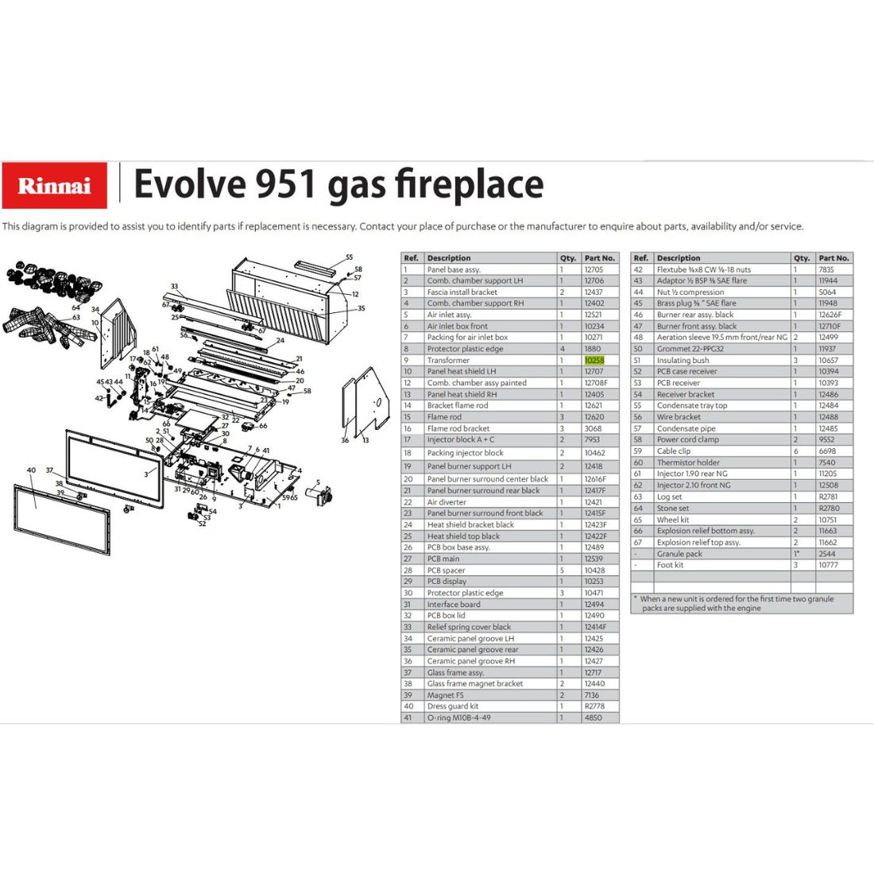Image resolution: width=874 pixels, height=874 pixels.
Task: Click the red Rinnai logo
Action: click(x=55, y=185)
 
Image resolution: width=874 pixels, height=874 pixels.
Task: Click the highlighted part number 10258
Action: click(x=594, y=360)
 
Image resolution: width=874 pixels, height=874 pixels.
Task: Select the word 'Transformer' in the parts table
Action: click(x=448, y=360)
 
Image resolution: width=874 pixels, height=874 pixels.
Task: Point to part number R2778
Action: click(x=594, y=706)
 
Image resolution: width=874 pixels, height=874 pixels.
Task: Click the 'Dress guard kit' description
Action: click(x=453, y=706)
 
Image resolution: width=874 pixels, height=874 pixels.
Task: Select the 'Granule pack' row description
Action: click(x=679, y=554)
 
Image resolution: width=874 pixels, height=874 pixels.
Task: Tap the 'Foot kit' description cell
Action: click(x=670, y=565)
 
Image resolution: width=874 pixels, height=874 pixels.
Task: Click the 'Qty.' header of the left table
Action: click(x=568, y=258)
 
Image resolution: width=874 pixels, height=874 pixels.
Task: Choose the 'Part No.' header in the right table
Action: click(x=833, y=258)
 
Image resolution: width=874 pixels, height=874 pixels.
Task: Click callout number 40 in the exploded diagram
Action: click(x=31, y=470)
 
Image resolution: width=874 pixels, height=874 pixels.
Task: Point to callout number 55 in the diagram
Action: click(x=349, y=257)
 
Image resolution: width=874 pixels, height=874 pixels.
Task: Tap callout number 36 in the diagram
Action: click(x=345, y=440)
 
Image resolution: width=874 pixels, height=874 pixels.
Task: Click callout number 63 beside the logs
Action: click(x=75, y=317)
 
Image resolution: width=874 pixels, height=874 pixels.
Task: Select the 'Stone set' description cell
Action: click(x=672, y=508)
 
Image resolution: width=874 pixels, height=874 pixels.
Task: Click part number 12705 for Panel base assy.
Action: click(x=594, y=269)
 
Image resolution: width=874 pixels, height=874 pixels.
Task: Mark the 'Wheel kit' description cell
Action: click(x=673, y=520)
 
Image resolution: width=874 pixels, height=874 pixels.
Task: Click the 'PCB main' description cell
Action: click(x=443, y=559)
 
